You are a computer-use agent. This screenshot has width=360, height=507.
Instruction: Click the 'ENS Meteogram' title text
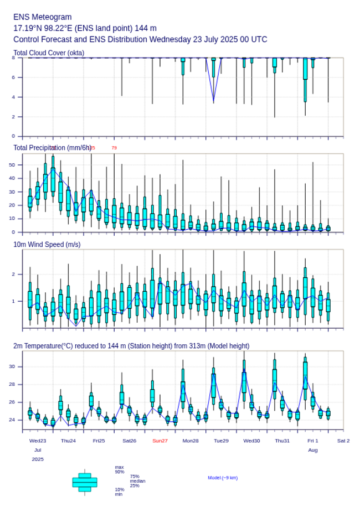coord(43,17)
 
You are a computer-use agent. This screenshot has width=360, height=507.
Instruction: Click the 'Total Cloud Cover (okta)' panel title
coord(49,53)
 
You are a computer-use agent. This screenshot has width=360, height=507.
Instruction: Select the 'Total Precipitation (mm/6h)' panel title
coord(52,148)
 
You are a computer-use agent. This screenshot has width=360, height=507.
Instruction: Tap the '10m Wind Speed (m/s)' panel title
coord(47,244)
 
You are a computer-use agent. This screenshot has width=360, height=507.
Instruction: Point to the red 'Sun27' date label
coord(160,441)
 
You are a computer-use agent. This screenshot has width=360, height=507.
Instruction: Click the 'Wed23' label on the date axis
coord(38,441)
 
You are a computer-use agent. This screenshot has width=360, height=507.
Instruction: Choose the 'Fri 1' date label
coord(313,441)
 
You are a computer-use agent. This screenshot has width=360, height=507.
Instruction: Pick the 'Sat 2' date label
coord(343,441)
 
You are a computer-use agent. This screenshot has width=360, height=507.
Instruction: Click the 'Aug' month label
coord(313,450)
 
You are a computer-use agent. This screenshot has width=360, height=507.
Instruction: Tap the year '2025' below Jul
coord(38,459)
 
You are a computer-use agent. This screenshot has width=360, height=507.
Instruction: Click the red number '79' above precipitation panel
coord(114,148)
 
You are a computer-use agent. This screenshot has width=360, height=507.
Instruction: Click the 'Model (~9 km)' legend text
coord(223,478)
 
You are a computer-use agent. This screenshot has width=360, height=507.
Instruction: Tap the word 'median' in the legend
coord(137,481)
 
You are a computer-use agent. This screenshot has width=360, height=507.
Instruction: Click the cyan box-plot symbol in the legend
coord(85,482)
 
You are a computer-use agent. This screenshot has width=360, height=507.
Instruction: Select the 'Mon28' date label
coord(191,441)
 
